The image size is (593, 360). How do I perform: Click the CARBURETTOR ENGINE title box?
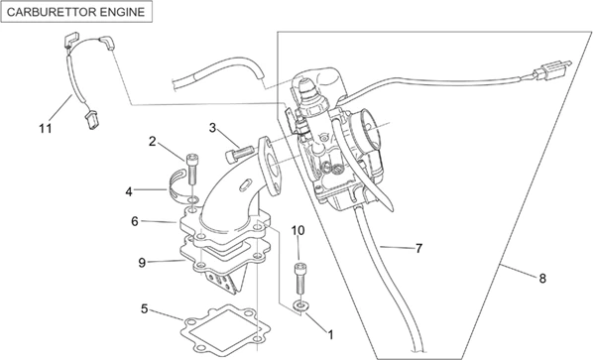point(78,13)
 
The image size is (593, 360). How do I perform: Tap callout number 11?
point(45,128)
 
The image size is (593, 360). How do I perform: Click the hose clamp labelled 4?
point(183,182)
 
